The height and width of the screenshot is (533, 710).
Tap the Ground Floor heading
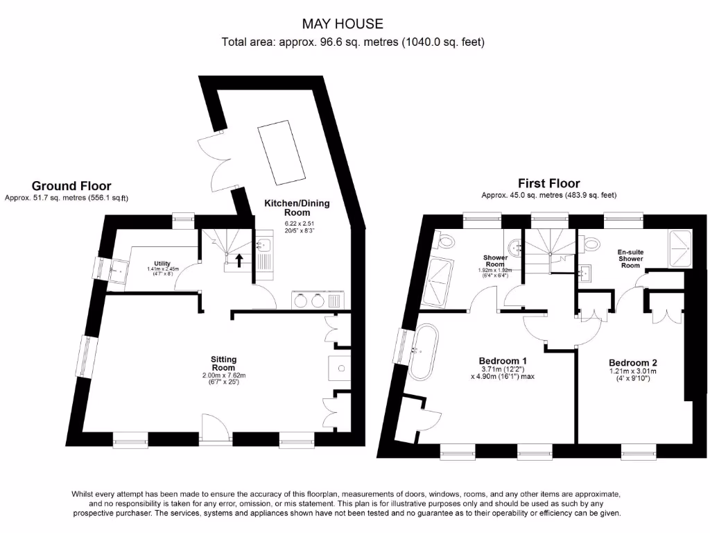point(71,185)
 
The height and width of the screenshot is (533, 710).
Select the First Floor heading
point(549,183)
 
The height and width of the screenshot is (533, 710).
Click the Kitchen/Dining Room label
point(297,208)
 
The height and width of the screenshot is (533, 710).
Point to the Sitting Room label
point(224,363)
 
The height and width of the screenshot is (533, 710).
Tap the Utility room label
point(162,264)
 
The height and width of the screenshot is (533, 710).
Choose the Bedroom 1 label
point(503,361)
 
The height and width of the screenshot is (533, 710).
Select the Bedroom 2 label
point(632,362)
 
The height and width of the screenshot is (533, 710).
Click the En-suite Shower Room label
point(630,259)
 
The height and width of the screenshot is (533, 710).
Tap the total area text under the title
point(352,42)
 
